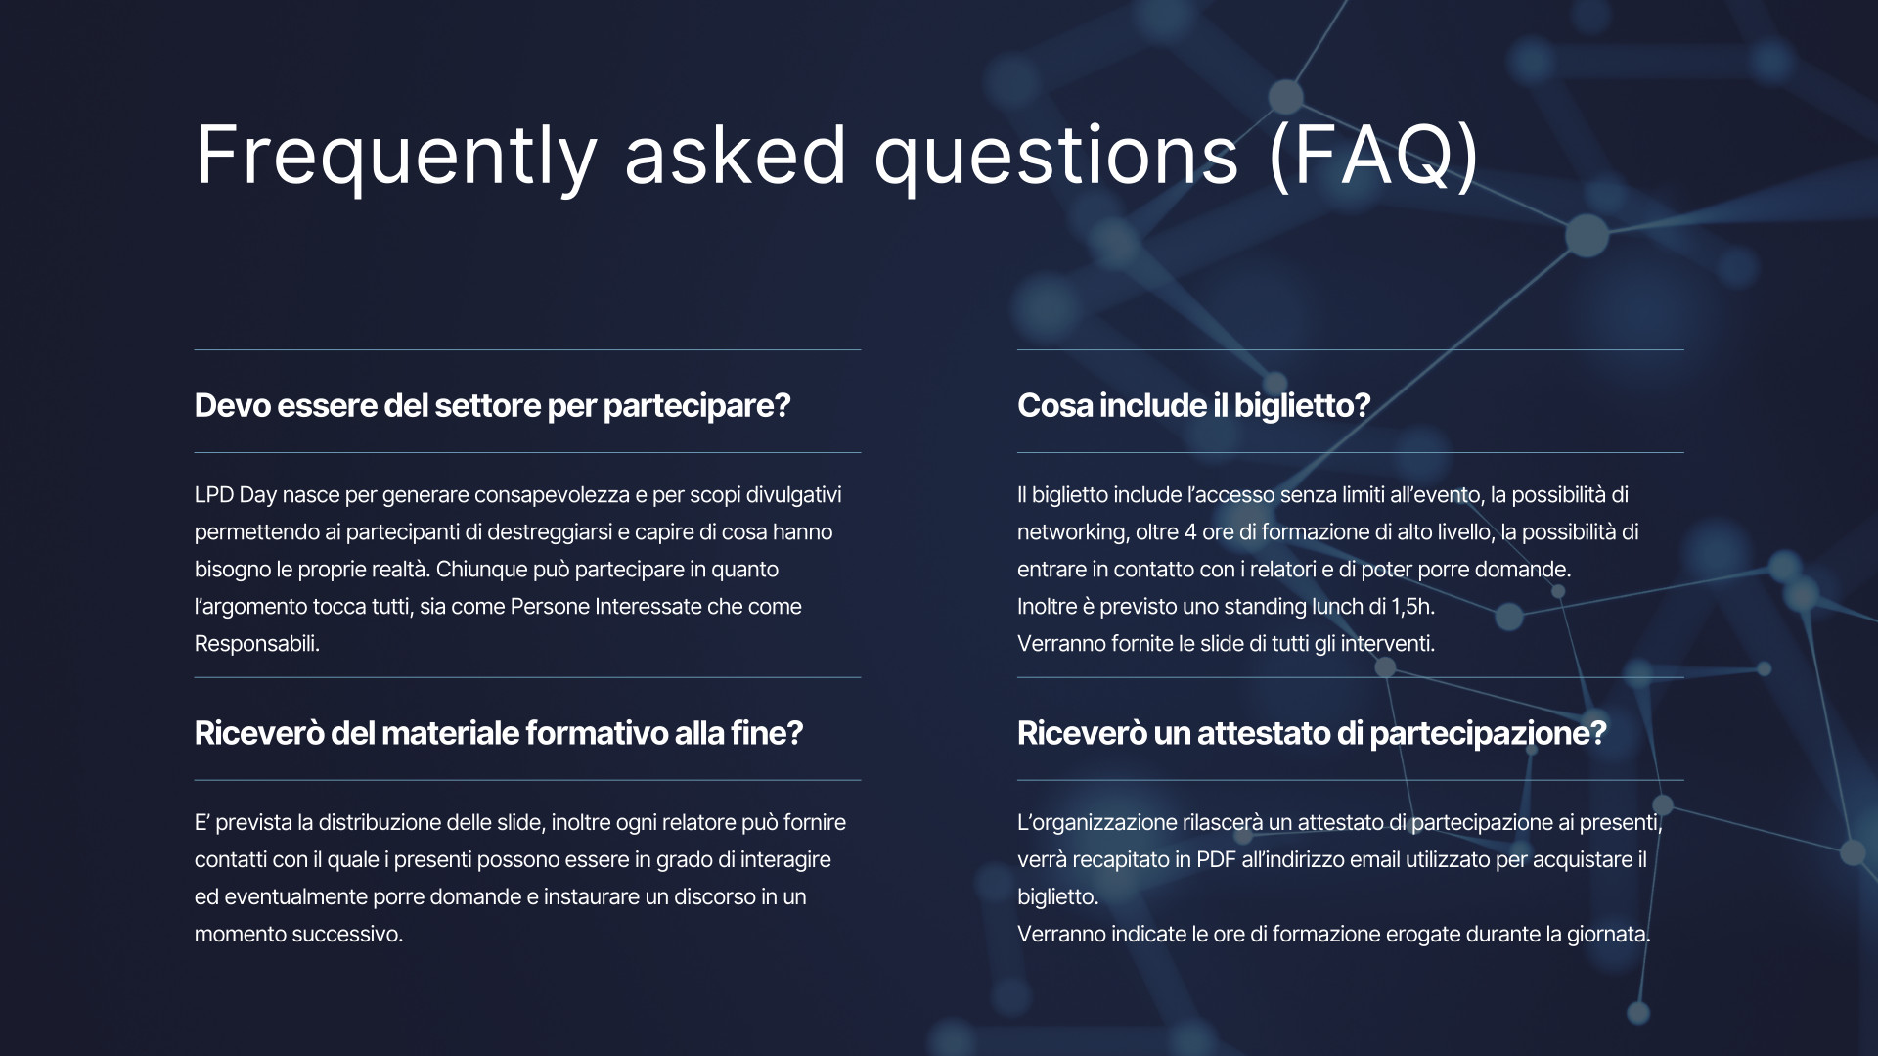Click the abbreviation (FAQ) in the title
[1373, 155]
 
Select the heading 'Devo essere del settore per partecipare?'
[492, 405]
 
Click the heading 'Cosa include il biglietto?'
[1193, 405]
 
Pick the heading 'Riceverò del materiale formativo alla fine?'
[499, 733]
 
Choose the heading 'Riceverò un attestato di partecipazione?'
[1312, 733]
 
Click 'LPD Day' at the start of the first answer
[236, 495]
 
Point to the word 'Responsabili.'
[257, 644]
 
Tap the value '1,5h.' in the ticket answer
[1413, 607]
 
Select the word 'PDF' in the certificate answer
[1216, 859]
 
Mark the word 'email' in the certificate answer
[1374, 859]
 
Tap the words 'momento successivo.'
[298, 934]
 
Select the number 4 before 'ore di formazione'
[1190, 532]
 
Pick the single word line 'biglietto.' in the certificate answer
[1058, 896]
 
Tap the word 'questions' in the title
[1056, 158]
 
